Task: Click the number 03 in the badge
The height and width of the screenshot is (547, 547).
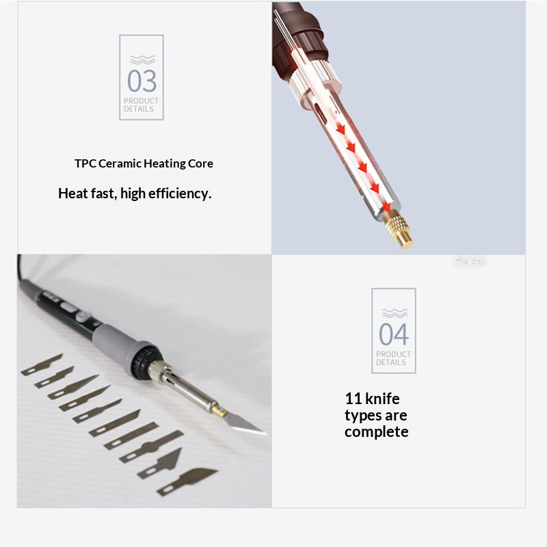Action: click(142, 81)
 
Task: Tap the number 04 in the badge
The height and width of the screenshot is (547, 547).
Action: click(394, 334)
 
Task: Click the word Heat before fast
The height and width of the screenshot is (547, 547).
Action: click(73, 194)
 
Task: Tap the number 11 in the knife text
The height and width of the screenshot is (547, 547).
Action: click(353, 399)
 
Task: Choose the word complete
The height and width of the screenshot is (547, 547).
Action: click(376, 432)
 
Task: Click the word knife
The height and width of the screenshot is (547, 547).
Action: click(382, 399)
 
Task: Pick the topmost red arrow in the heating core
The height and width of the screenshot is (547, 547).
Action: click(340, 128)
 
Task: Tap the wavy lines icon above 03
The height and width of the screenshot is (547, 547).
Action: click(142, 59)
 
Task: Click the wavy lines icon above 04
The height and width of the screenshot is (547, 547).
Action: click(394, 313)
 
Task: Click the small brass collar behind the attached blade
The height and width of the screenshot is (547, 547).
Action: click(219, 410)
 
